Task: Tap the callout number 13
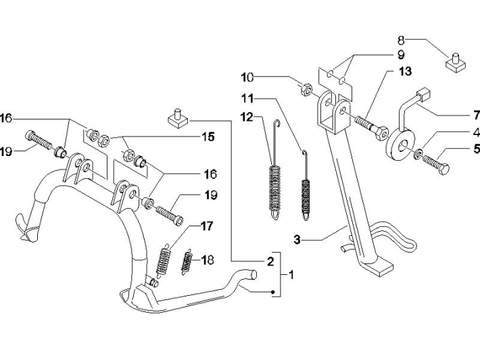point(404,72)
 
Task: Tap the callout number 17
point(207,226)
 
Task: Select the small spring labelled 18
point(187,262)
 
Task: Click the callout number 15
point(207,137)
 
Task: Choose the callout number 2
point(269,261)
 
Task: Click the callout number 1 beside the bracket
point(292,276)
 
